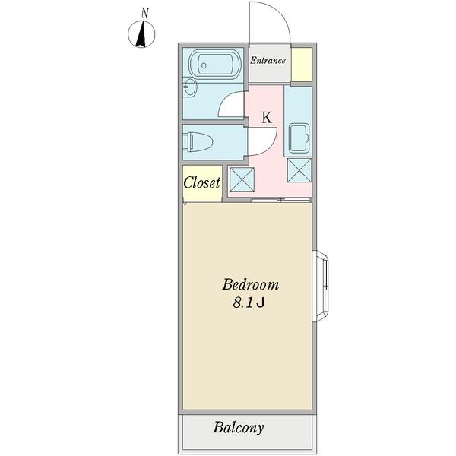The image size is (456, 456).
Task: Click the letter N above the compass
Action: click(145, 13)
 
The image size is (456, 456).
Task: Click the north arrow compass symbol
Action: click(141, 34)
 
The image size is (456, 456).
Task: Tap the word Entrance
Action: click(268, 61)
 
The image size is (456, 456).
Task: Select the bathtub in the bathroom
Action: click(214, 65)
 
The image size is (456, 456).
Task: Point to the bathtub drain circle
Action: click(204, 65)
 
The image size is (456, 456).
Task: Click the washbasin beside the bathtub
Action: click(190, 87)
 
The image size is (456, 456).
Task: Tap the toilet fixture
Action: click(198, 142)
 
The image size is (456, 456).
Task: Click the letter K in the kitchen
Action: click(267, 118)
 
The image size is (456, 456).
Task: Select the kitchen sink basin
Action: click(299, 138)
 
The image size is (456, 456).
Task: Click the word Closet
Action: click(202, 182)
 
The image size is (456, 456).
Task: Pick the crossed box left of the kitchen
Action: click(242, 179)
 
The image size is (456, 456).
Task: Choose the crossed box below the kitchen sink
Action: click(299, 170)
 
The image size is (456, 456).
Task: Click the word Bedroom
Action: click(250, 285)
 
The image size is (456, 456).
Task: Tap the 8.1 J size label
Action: click(249, 302)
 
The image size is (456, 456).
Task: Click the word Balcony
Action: click(239, 428)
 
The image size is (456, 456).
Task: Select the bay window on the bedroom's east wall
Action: click(321, 286)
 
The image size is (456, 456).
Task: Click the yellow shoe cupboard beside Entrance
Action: click(302, 65)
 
